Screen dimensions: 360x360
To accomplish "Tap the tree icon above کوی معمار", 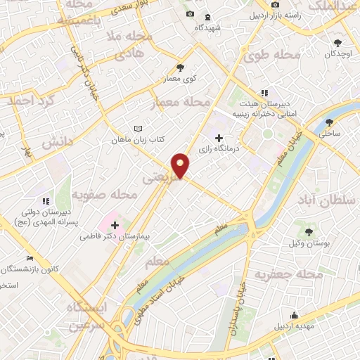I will [181, 67].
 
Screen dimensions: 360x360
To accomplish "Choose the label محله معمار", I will [182, 103].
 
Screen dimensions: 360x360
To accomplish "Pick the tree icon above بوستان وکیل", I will [309, 231].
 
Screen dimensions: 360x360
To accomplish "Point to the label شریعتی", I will [157, 180].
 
